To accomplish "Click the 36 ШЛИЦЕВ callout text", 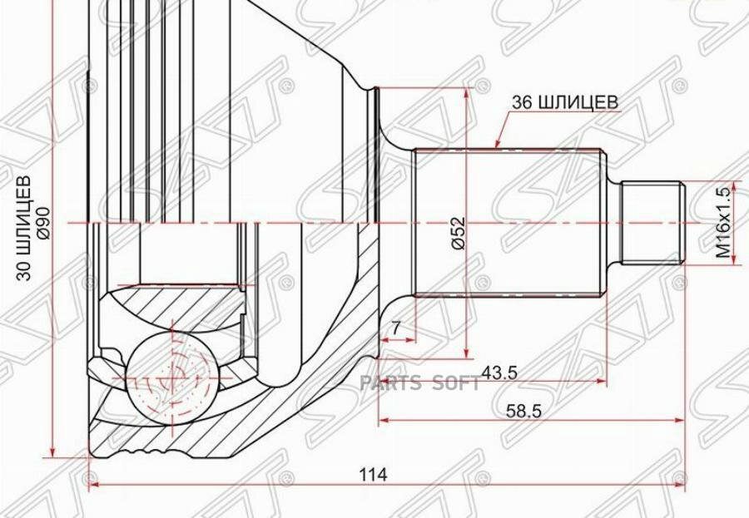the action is (565, 101).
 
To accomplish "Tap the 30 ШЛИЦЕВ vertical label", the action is (24, 228).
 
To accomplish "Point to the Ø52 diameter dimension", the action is (458, 233).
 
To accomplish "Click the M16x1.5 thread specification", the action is (723, 222).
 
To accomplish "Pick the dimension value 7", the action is (395, 328).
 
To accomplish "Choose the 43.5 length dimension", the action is (499, 372).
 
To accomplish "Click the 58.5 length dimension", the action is (524, 411).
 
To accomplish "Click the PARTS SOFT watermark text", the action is (420, 383).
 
